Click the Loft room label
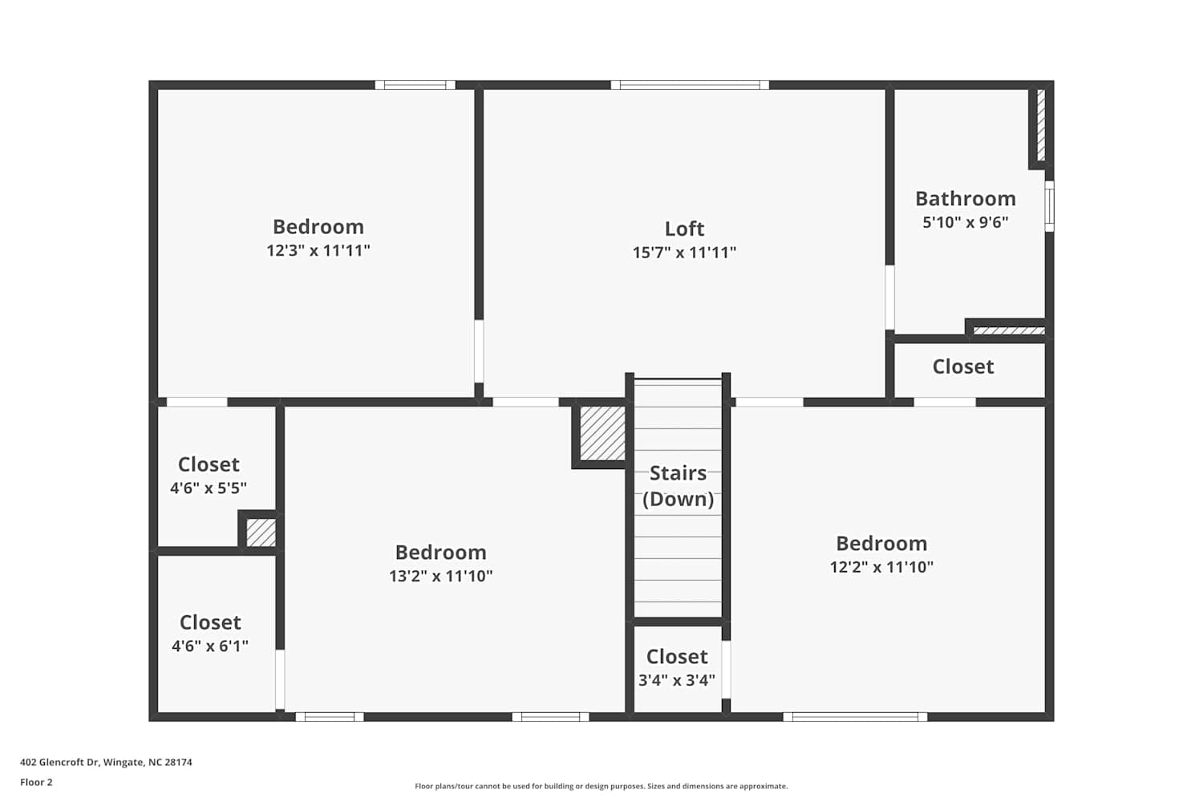tap(684, 229)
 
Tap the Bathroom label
tap(966, 199)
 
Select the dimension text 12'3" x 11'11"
tap(318, 250)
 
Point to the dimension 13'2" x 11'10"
tap(441, 576)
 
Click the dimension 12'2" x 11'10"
tap(882, 567)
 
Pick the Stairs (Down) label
tap(678, 485)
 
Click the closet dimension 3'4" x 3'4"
tap(677, 680)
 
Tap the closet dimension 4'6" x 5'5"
tap(209, 488)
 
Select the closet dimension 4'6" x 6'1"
tap(210, 646)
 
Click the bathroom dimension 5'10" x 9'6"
tap(966, 222)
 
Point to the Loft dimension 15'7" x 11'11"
tap(684, 252)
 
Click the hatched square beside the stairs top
tap(602, 434)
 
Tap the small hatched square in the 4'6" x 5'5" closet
tap(261, 533)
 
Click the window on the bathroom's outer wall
tap(1049, 206)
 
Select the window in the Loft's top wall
tap(690, 85)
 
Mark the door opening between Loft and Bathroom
tap(890, 298)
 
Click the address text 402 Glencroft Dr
tap(60, 762)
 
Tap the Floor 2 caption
tap(37, 782)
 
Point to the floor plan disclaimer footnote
tap(601, 786)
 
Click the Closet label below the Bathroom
tap(963, 367)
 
